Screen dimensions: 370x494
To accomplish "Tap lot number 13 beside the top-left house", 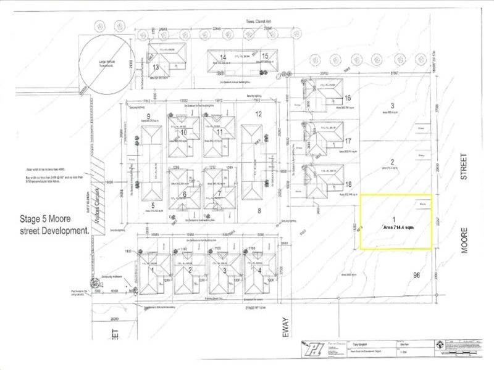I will click(156, 67).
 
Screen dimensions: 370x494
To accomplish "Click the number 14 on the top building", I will click(223, 57).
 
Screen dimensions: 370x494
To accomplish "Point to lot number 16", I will click(348, 98).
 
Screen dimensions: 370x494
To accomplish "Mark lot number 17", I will click(348, 141).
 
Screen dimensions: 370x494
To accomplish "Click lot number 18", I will click(348, 184).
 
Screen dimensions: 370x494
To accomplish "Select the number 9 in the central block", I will click(148, 117).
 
